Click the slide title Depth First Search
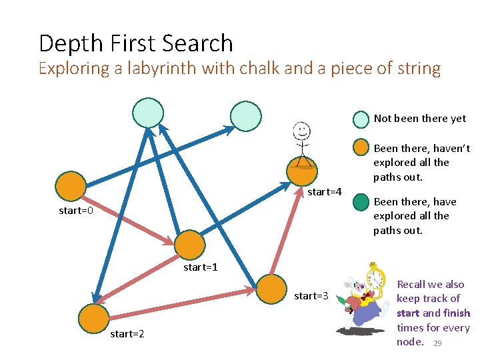(x=136, y=43)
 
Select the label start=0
(x=76, y=211)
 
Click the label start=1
(x=201, y=267)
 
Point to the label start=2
(x=127, y=333)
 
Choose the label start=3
(x=311, y=295)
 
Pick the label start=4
(x=325, y=192)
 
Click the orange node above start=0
(x=70, y=187)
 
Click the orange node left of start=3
(x=271, y=289)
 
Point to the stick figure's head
(x=302, y=130)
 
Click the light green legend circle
(x=361, y=119)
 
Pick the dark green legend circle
(x=361, y=201)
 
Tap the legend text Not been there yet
(x=419, y=119)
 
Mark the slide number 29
(x=437, y=343)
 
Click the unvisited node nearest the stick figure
(x=246, y=115)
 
